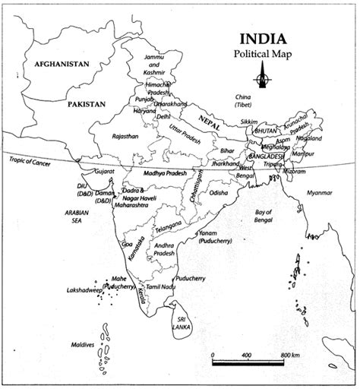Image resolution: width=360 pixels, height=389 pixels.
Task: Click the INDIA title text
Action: pyautogui.click(x=262, y=39)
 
